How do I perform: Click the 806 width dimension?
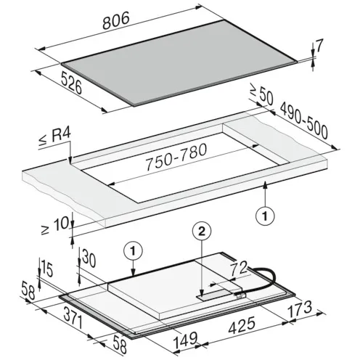(116, 21)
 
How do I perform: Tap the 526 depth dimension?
(71, 83)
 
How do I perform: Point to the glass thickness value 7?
(319, 46)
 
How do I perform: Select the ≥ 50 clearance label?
(261, 94)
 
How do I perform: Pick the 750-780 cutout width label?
(176, 157)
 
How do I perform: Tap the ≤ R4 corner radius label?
(54, 138)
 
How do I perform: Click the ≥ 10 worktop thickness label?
(54, 226)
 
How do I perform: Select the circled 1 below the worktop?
(265, 216)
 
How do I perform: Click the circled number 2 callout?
(202, 232)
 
